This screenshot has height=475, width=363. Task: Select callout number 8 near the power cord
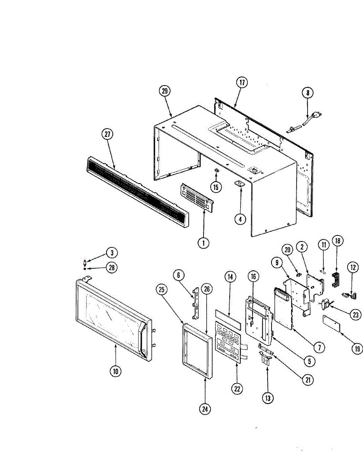pyautogui.click(x=307, y=93)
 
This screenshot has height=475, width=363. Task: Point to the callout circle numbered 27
pyautogui.click(x=107, y=134)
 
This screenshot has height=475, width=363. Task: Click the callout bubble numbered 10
pyautogui.click(x=116, y=371)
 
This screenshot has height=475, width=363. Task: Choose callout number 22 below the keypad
pyautogui.click(x=237, y=389)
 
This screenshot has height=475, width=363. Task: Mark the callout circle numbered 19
pyautogui.click(x=357, y=348)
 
